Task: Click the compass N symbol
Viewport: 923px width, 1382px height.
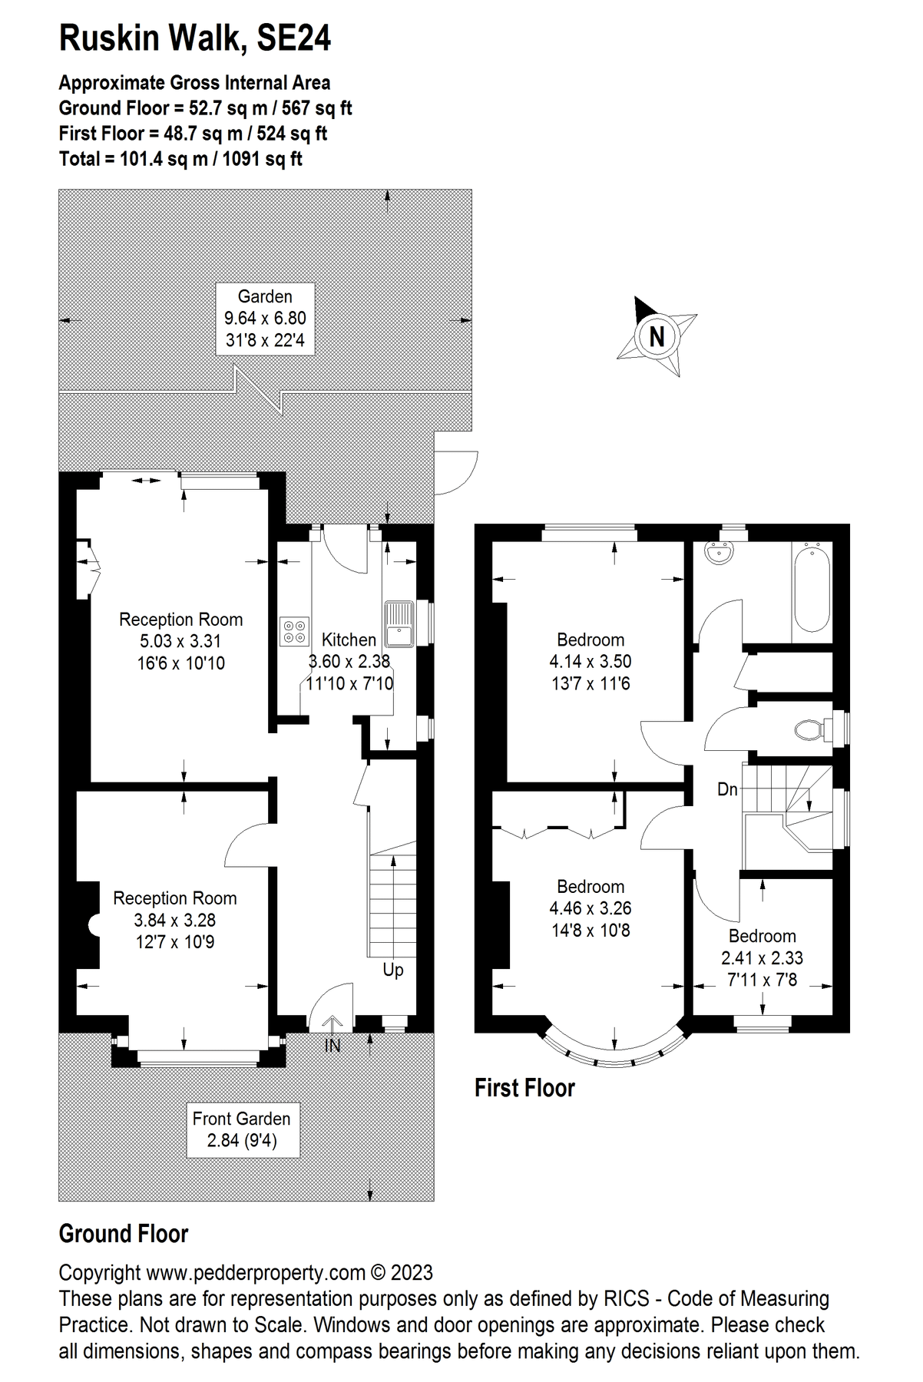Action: pos(657,336)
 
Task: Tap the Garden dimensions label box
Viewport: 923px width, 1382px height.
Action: pos(265,318)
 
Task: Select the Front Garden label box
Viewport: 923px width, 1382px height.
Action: pos(242,1129)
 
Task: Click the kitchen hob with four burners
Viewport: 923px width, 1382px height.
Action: pos(296,630)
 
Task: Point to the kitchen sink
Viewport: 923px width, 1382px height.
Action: pos(399,623)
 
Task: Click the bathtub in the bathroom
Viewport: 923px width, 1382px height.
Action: pos(812,587)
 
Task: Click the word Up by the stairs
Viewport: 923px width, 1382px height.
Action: pos(392,970)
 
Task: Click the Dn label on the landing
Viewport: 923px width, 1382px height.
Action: pos(727,789)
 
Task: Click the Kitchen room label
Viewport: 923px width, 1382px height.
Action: pos(349,640)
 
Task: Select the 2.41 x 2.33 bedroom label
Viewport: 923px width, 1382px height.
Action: pos(762,957)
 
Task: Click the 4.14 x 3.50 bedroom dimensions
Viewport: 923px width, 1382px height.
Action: pos(591,661)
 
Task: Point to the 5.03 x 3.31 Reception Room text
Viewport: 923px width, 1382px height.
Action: pos(181,641)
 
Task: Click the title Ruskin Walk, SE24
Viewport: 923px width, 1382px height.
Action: pos(195,38)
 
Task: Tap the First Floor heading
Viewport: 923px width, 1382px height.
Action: pos(524,1088)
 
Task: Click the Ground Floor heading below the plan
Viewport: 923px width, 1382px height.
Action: pos(124,1234)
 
